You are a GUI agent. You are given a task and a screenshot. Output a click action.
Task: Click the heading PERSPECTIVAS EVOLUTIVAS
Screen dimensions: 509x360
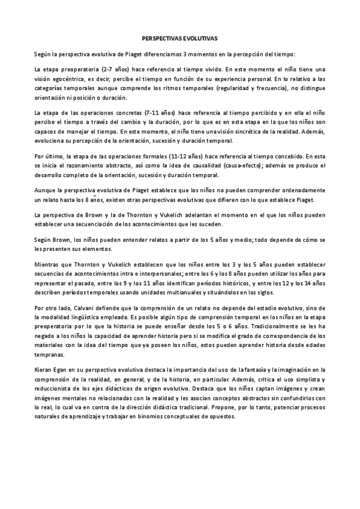180,37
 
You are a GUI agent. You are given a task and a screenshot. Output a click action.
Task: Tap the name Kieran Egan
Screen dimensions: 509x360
52,371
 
